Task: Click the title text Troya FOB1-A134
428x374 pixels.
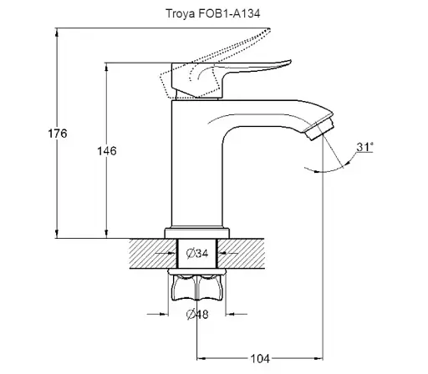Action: (213, 13)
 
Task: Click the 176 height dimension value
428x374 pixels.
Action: (58, 134)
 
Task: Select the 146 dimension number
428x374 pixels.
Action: (107, 151)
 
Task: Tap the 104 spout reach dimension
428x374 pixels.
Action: (260, 359)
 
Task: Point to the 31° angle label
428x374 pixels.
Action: (364, 147)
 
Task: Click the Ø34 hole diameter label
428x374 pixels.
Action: (197, 254)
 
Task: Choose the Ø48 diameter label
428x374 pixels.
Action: (197, 314)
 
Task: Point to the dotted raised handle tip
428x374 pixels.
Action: (268, 30)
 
